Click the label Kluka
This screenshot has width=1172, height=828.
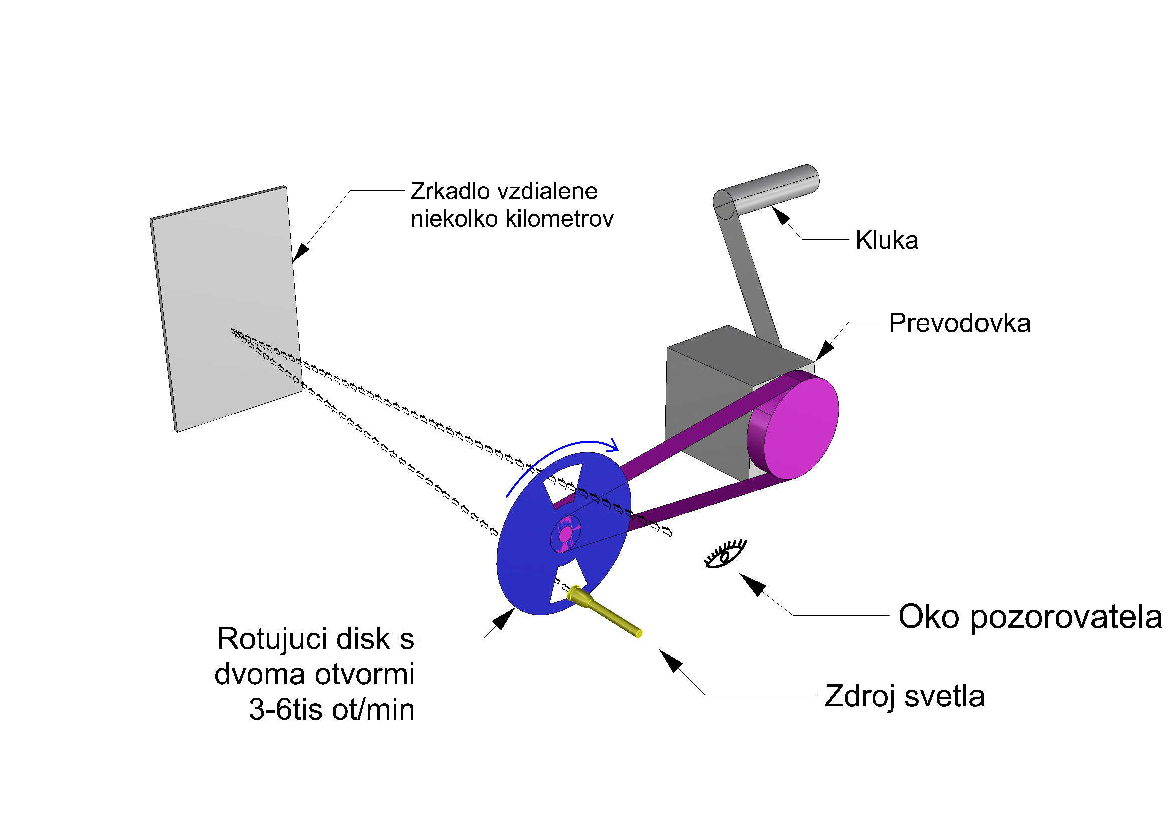coord(887,240)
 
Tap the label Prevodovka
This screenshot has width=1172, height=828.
coord(959,323)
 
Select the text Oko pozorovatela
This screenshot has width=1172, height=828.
coord(1030,616)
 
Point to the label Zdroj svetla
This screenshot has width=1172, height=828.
coord(904,696)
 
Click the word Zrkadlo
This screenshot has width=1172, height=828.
coord(450,191)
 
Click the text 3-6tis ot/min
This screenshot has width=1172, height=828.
coord(331,710)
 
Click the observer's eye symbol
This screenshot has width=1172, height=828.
coord(725,554)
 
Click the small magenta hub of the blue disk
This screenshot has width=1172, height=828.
coord(565,534)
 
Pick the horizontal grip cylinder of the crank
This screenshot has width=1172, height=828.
coord(771,189)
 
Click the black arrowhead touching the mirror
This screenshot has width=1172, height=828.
coord(301,252)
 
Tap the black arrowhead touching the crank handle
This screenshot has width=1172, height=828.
coord(780,215)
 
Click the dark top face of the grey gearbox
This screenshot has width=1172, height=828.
coord(735,352)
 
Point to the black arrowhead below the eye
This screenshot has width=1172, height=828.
coord(753,584)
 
